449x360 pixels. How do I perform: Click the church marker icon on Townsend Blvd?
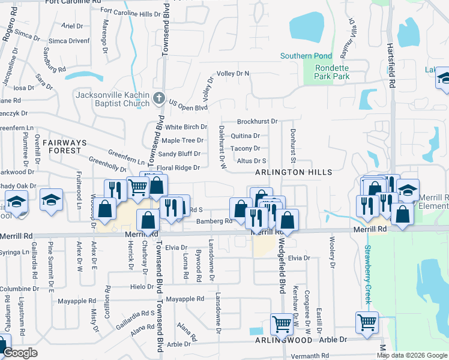(x=158, y=98)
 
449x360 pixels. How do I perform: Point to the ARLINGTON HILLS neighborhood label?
(x=294, y=172)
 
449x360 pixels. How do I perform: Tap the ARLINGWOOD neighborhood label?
(x=283, y=340)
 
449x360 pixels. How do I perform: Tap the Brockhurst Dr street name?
(x=257, y=121)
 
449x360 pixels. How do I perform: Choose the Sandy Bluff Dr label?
(x=179, y=154)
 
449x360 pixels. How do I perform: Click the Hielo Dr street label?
(x=142, y=287)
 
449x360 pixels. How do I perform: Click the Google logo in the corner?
(x=20, y=353)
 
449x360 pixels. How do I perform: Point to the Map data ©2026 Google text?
(x=412, y=355)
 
